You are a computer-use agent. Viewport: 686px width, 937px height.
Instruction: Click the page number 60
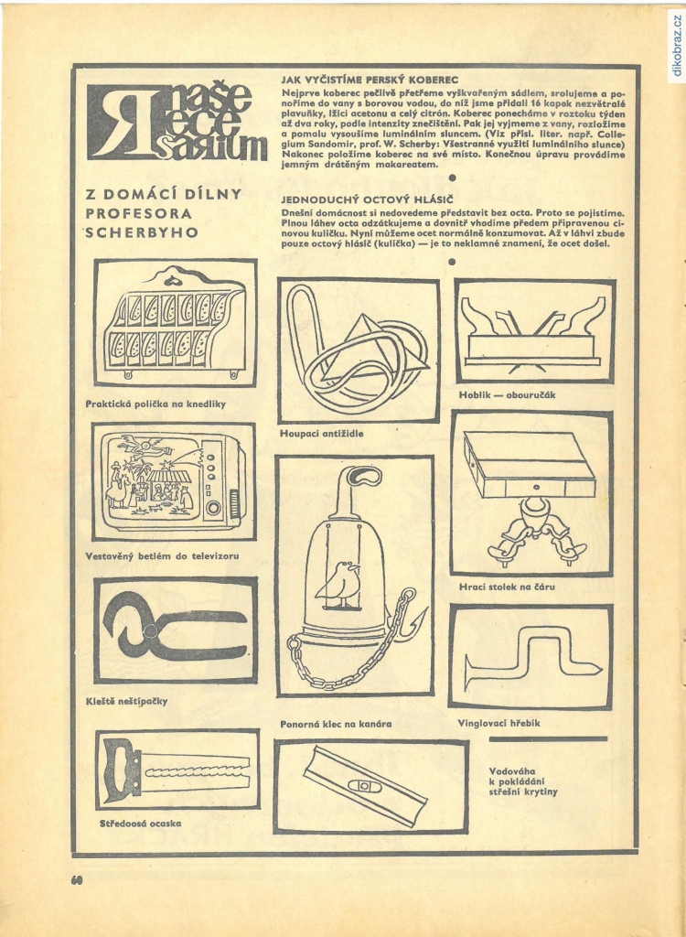tap(77, 879)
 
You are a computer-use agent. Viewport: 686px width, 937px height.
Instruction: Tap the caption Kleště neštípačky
tap(126, 702)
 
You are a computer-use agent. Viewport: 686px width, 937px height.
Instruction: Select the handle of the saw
tap(122, 770)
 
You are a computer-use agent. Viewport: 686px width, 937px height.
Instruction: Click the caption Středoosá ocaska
tap(141, 824)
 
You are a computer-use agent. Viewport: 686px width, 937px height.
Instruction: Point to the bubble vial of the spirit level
tap(365, 784)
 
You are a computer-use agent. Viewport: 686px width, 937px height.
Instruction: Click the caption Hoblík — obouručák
tap(508, 394)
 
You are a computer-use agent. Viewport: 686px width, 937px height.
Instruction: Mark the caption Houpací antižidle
tap(321, 433)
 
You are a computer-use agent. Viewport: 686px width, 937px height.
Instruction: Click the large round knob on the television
tap(213, 509)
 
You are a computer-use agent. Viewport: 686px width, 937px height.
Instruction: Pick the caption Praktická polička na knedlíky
tap(156, 404)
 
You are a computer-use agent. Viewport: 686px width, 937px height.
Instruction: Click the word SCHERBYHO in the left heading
tap(142, 233)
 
